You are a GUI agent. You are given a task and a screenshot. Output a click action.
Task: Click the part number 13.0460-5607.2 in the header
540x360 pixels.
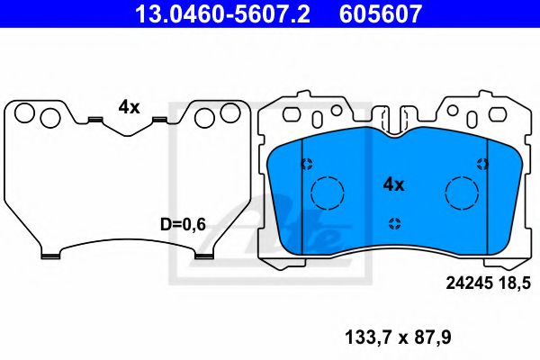pyautogui.click(x=220, y=14)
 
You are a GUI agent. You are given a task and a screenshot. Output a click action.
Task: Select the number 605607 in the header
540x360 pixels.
pyautogui.click(x=379, y=14)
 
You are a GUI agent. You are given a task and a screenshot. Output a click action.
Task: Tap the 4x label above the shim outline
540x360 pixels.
pyautogui.click(x=129, y=107)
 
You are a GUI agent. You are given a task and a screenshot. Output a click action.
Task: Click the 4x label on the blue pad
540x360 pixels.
pyautogui.click(x=394, y=184)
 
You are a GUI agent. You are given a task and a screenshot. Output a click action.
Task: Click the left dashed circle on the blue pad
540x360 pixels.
pyautogui.click(x=328, y=192)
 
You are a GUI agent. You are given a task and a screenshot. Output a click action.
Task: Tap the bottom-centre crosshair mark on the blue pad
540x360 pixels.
pyautogui.click(x=394, y=223)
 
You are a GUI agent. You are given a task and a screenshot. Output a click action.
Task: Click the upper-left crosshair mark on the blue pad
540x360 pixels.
pyautogui.click(x=306, y=164)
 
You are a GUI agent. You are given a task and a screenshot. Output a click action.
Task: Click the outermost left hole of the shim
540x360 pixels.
pyautogui.click(x=24, y=113)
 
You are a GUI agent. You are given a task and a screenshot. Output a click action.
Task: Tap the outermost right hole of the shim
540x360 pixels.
pyautogui.click(x=231, y=113)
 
